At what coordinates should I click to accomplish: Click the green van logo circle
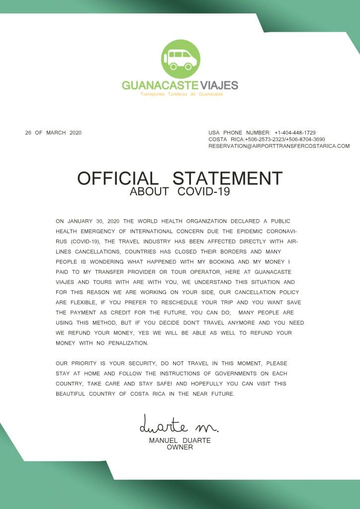click(x=180, y=59)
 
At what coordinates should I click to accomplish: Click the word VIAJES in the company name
click(x=219, y=85)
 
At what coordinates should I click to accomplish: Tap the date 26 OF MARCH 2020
click(x=53, y=133)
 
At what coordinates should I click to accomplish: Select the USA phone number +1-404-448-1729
click(x=295, y=133)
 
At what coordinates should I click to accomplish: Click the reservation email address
click(x=279, y=146)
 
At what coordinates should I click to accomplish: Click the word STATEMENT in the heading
click(x=227, y=178)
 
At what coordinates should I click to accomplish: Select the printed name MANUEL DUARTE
click(x=180, y=440)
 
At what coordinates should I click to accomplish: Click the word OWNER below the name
click(x=180, y=447)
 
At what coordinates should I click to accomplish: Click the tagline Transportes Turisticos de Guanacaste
click(x=181, y=94)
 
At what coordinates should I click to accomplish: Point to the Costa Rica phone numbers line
click(x=267, y=140)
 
